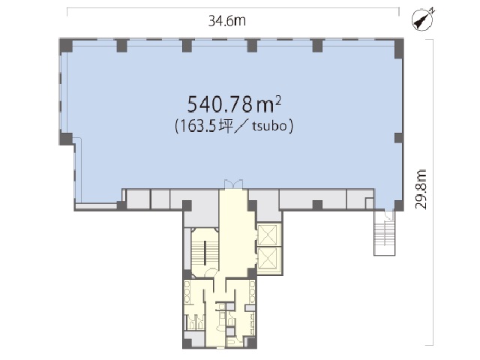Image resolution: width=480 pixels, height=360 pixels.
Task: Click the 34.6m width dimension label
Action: pos(226,21)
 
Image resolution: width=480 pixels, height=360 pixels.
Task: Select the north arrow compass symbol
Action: pos(423,20)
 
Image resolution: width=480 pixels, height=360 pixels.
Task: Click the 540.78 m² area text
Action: pos(234,104)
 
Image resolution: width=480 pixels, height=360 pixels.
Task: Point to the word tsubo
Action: pos(269,126)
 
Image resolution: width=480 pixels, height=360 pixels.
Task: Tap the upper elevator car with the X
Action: pos(268,235)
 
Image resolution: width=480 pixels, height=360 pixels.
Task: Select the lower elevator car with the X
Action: pos(268,258)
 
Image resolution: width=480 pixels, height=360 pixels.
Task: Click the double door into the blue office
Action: pos(233,184)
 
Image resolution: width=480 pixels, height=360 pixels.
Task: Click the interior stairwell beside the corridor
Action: pos(204,253)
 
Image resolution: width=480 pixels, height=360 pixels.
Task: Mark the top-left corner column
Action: pos(66,45)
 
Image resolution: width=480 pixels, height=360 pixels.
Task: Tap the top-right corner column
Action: pos(398,48)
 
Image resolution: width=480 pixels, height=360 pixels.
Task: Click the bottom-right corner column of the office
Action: pos(398,205)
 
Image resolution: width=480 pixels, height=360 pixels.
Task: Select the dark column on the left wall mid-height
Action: pos(66,139)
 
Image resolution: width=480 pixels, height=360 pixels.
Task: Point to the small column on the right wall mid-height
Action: pos(398,138)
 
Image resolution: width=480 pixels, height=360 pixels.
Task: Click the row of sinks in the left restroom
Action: pos(187,292)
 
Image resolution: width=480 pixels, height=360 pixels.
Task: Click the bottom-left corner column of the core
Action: pos(187,343)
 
